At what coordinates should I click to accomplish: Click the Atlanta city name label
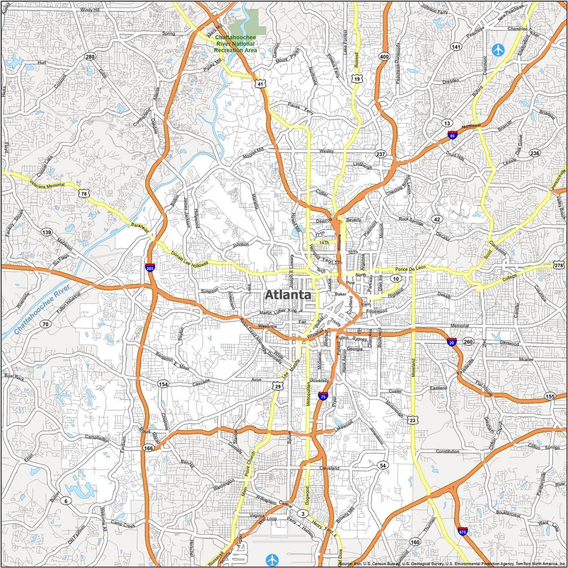click(x=287, y=295)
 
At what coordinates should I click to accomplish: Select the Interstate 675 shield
click(x=462, y=531)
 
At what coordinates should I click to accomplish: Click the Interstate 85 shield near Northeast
click(x=453, y=135)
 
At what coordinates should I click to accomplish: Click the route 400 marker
click(x=384, y=57)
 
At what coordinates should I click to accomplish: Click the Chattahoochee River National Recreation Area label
click(x=236, y=44)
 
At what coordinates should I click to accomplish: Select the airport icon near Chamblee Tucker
click(x=498, y=50)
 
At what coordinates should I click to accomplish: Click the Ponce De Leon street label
click(x=410, y=269)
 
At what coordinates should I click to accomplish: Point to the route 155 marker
click(x=550, y=396)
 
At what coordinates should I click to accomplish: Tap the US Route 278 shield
click(x=559, y=265)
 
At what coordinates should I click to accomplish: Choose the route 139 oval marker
click(x=46, y=232)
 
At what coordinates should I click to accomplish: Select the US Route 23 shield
click(x=413, y=420)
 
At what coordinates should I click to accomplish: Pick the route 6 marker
click(x=66, y=501)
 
